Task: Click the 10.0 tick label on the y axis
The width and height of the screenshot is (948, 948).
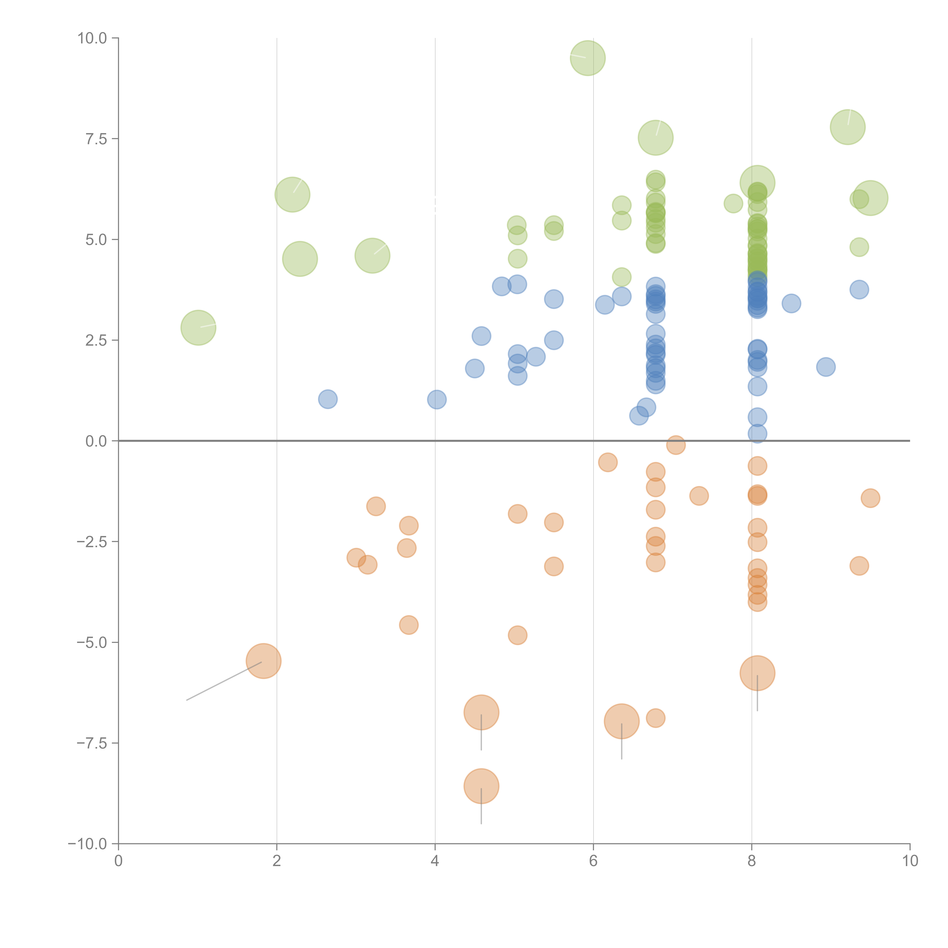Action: [92, 38]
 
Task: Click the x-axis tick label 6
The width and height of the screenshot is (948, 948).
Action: [593, 861]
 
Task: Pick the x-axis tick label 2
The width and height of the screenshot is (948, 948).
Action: [277, 861]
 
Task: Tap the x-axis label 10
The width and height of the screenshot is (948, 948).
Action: [910, 861]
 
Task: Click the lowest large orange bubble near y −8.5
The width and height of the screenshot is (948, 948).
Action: [481, 786]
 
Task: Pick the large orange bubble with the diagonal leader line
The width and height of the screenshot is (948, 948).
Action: [264, 661]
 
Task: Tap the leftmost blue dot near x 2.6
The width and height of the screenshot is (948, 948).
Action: [328, 399]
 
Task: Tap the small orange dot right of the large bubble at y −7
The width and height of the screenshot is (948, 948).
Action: [656, 718]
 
